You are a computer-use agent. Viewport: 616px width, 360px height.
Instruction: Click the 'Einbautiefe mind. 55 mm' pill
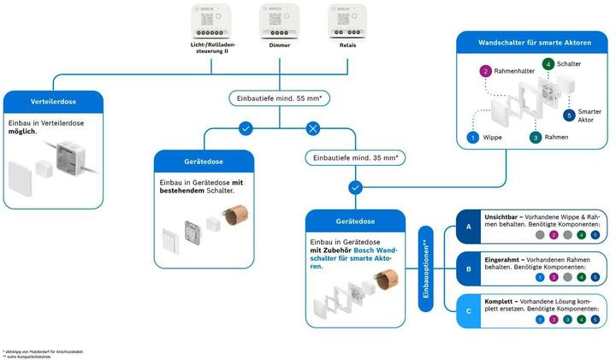(x=277, y=98)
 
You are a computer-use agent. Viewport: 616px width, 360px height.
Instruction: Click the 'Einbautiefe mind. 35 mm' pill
(x=355, y=157)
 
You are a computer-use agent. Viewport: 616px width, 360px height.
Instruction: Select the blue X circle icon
(x=313, y=128)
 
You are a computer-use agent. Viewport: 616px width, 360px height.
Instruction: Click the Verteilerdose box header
(x=55, y=102)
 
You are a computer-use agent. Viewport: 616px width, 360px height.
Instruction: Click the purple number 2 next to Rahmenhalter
(x=486, y=72)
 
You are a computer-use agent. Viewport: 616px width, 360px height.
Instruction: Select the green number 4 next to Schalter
(x=548, y=64)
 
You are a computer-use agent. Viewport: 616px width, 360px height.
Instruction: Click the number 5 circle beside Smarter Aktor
(x=569, y=115)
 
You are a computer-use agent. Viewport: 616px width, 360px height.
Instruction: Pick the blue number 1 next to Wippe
(x=471, y=137)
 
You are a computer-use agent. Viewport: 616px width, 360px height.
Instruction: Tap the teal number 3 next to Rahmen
(x=535, y=137)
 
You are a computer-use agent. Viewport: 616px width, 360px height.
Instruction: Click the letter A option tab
(x=468, y=227)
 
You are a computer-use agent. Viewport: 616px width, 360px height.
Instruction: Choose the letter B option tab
(x=468, y=269)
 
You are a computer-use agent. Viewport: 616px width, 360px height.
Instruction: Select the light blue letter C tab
(x=468, y=310)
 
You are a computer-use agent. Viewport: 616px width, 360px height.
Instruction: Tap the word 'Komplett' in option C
(x=500, y=302)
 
